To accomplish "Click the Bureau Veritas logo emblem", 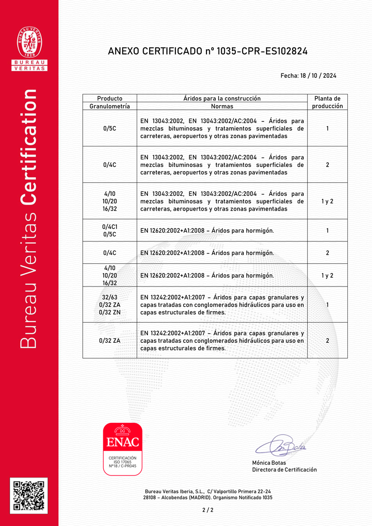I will (29, 43).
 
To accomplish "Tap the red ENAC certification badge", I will (122, 449).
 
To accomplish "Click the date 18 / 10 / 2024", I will (319, 76).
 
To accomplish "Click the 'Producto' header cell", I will (110, 98).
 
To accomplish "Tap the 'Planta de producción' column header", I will (327, 102).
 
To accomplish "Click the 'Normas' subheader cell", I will (222, 106).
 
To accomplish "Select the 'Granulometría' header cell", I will (110, 106).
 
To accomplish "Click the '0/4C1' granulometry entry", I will (110, 226).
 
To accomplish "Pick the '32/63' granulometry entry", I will (110, 297).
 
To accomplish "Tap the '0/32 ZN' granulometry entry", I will (110, 313).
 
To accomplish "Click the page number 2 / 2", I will (208, 510).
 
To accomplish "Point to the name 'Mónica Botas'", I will (269, 463).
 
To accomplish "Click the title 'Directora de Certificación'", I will (284, 470).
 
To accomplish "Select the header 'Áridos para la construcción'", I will (222, 98).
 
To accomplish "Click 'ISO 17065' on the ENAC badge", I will (122, 462).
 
